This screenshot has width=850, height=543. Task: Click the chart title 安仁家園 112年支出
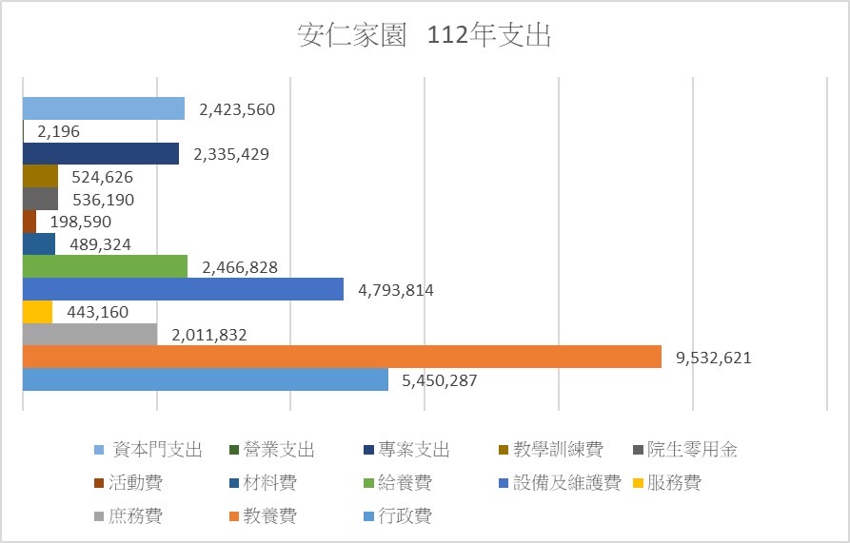click(425, 36)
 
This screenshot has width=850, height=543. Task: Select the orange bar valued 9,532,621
click(341, 357)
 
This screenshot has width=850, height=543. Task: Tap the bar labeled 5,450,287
click(205, 379)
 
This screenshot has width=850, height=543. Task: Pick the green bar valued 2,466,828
click(105, 266)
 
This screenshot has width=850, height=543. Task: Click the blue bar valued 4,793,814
click(183, 289)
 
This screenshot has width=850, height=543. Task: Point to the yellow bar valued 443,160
click(37, 312)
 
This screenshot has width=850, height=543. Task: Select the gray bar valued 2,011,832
click(89, 334)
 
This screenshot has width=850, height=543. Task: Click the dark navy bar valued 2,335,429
click(101, 153)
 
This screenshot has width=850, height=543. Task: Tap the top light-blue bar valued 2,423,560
click(103, 108)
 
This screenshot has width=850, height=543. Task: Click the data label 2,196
click(58, 131)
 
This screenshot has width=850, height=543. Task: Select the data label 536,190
click(99, 200)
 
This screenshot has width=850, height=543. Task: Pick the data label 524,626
click(98, 177)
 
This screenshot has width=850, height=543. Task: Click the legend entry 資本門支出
click(157, 450)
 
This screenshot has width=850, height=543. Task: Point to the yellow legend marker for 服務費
click(635, 483)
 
